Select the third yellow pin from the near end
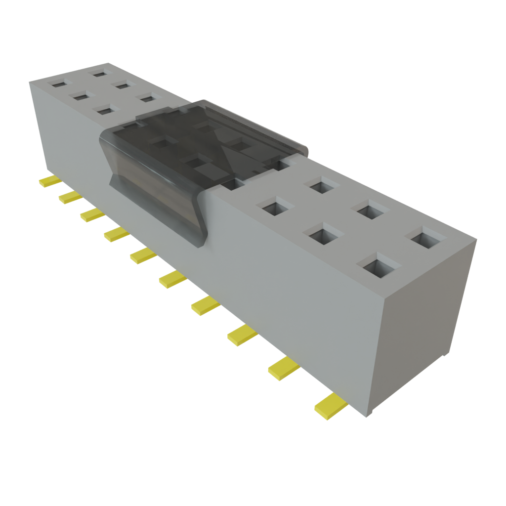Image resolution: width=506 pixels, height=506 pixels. pos(242,336)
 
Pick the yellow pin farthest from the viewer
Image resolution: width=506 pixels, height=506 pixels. pos(49,181)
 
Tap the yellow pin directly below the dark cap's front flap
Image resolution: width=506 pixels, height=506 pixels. pos(143,255)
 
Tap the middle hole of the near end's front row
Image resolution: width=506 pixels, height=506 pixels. pos(324,232)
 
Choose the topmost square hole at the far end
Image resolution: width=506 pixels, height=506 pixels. pos(101,73)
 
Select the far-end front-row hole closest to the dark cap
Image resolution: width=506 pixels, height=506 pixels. pos(104,110)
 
